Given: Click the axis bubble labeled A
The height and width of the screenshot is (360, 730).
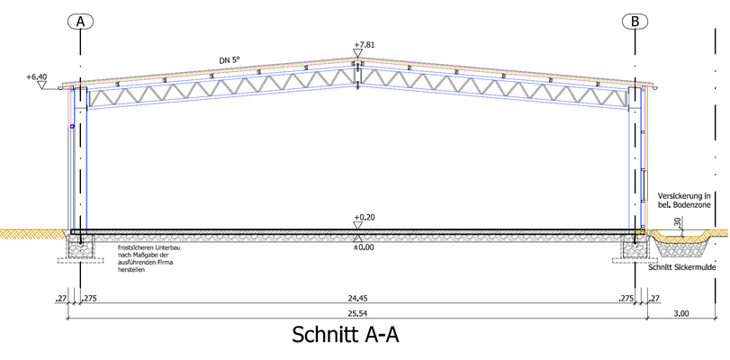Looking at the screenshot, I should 81,21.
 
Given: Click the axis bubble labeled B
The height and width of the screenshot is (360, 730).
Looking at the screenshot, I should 636,21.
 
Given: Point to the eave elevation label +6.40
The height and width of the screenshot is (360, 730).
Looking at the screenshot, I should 39,77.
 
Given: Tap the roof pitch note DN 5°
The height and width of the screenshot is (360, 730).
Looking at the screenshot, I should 230,60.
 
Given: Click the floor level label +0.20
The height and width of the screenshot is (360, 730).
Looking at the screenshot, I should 364,218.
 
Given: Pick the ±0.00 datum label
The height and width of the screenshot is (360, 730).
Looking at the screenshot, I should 364,247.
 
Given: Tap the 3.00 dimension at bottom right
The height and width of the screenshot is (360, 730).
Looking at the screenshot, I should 680,314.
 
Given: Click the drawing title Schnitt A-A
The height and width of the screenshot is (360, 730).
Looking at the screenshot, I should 345,335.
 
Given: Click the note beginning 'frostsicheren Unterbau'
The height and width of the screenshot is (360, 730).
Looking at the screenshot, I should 148,257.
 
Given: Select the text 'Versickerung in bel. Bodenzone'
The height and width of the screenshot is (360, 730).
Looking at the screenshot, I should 684,201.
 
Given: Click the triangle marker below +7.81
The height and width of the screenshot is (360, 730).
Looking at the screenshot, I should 358,54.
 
